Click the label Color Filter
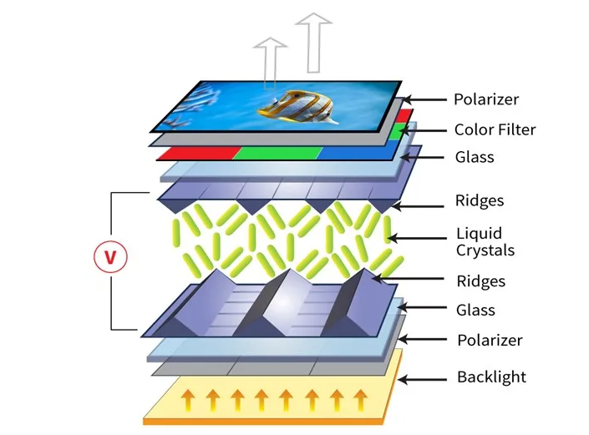click(x=495, y=129)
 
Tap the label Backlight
click(x=491, y=377)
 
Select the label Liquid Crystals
click(x=485, y=241)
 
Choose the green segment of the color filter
click(x=277, y=152)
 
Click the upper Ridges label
click(x=480, y=200)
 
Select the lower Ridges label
click(x=480, y=281)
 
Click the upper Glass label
click(x=475, y=157)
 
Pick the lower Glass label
click(x=475, y=310)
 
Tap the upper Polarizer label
click(x=485, y=99)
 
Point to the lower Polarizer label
click(x=490, y=340)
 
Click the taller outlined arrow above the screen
click(x=314, y=42)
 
